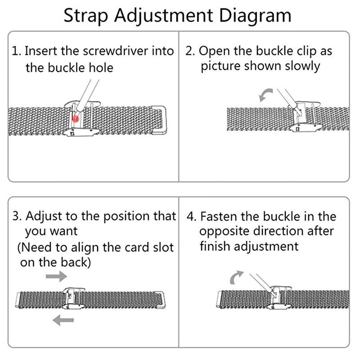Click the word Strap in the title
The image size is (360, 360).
(86, 16)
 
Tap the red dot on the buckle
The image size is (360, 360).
(76, 118)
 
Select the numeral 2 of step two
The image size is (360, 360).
(189, 51)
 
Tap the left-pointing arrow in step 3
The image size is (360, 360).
(63, 320)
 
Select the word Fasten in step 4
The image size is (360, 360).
(219, 216)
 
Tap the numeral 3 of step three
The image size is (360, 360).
(16, 216)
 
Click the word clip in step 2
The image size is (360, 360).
(294, 51)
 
